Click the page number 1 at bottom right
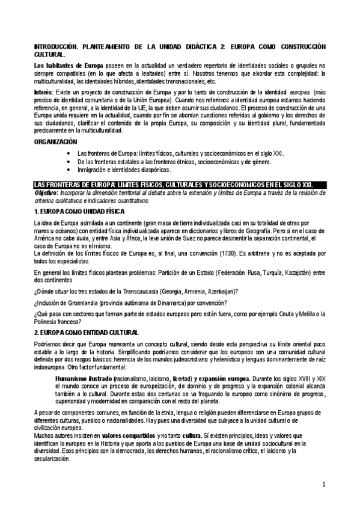tap(323, 484)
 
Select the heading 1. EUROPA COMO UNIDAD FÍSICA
tap(79, 212)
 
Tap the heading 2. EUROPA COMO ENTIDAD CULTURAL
tap(87, 333)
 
